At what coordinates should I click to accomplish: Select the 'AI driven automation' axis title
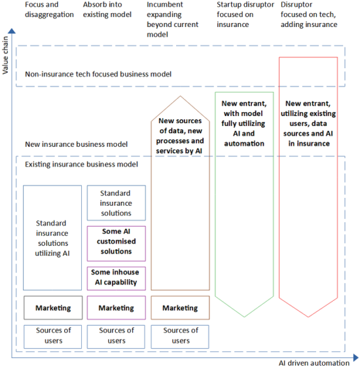(x=314, y=362)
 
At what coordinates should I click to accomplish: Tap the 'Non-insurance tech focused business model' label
(x=98, y=74)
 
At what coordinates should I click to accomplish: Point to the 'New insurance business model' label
(x=76, y=144)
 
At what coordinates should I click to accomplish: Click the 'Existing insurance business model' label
(x=81, y=164)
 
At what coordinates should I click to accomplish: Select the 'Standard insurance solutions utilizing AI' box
(x=53, y=238)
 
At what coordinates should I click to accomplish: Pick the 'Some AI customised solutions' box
(x=116, y=242)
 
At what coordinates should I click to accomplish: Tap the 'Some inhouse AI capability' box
(x=116, y=277)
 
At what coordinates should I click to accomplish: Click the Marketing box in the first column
(x=53, y=307)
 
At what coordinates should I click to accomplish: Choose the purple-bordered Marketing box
(x=116, y=307)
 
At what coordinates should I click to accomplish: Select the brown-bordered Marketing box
(x=180, y=307)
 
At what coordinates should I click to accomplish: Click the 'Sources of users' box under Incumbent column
(x=180, y=336)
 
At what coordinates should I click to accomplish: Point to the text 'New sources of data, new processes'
(x=180, y=135)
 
